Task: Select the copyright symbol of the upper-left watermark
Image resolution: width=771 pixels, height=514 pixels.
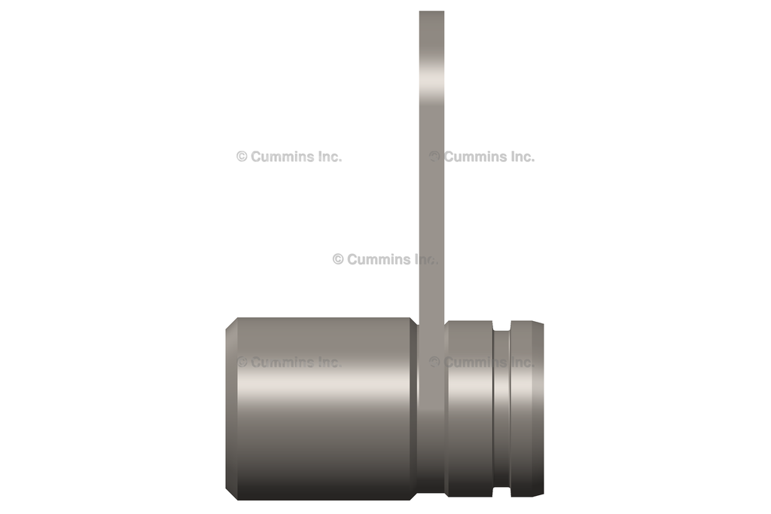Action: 242,157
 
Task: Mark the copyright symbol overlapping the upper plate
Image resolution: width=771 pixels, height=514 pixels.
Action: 434,157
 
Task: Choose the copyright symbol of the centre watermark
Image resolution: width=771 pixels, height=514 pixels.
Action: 338,259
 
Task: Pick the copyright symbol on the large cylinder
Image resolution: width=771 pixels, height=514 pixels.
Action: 242,362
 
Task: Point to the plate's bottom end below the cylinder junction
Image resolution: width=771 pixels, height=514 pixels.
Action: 431,482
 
